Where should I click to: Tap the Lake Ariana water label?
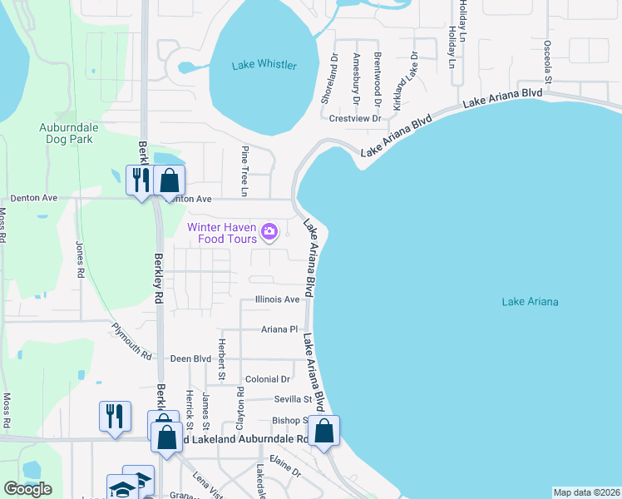(x=530, y=301)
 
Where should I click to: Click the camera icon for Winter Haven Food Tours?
(x=269, y=231)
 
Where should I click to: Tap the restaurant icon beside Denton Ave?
(x=139, y=180)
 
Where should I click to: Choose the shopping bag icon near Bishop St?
(x=324, y=431)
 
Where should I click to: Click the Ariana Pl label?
(x=279, y=329)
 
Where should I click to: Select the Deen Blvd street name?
(x=191, y=359)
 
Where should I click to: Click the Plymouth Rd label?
(x=133, y=341)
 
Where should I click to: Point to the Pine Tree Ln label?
(x=244, y=171)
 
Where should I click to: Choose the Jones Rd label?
(x=80, y=259)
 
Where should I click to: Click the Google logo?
(x=27, y=489)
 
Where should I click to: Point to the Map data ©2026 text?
(x=585, y=492)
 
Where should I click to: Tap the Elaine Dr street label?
(x=284, y=470)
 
